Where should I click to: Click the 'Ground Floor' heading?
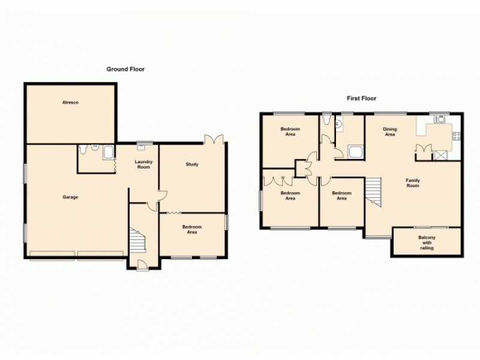[125, 69]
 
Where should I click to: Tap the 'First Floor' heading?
[361, 98]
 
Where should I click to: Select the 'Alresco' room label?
[70, 103]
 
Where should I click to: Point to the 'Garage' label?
[70, 197]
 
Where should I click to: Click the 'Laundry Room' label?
[143, 164]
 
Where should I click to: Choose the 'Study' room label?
[192, 164]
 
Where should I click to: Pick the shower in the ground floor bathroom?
[108, 152]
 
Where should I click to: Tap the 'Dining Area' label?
[389, 132]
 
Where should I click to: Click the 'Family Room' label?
[412, 183]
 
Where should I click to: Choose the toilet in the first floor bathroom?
[326, 121]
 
